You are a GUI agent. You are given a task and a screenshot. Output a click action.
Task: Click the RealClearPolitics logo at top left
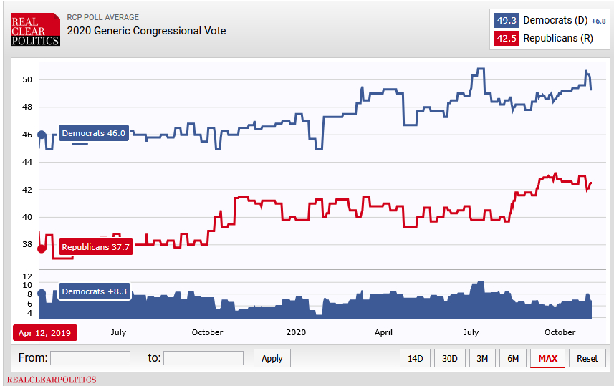35,29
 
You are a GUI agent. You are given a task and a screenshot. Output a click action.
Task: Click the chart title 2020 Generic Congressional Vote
146,31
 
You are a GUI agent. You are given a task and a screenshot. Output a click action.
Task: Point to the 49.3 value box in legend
507,20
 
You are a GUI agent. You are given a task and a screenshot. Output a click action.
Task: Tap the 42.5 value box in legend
507,38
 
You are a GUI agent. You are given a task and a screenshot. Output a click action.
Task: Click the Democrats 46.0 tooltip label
93,133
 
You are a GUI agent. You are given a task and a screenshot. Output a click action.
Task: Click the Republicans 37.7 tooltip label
95,247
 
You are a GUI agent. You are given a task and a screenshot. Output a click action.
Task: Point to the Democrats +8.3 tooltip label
93,291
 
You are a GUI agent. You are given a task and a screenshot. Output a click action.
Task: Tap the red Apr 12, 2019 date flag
44,332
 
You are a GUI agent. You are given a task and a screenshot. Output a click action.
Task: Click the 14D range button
415,358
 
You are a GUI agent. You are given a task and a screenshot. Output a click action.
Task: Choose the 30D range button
449,358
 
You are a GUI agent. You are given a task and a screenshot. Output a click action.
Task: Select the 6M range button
513,358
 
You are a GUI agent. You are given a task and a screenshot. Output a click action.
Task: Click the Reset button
587,358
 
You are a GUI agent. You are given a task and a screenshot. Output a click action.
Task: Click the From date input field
90,358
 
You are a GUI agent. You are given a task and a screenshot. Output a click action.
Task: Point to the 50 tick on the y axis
27,79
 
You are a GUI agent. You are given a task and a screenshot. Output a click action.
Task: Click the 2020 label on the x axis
296,332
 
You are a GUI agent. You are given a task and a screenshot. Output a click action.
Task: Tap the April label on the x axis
383,332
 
